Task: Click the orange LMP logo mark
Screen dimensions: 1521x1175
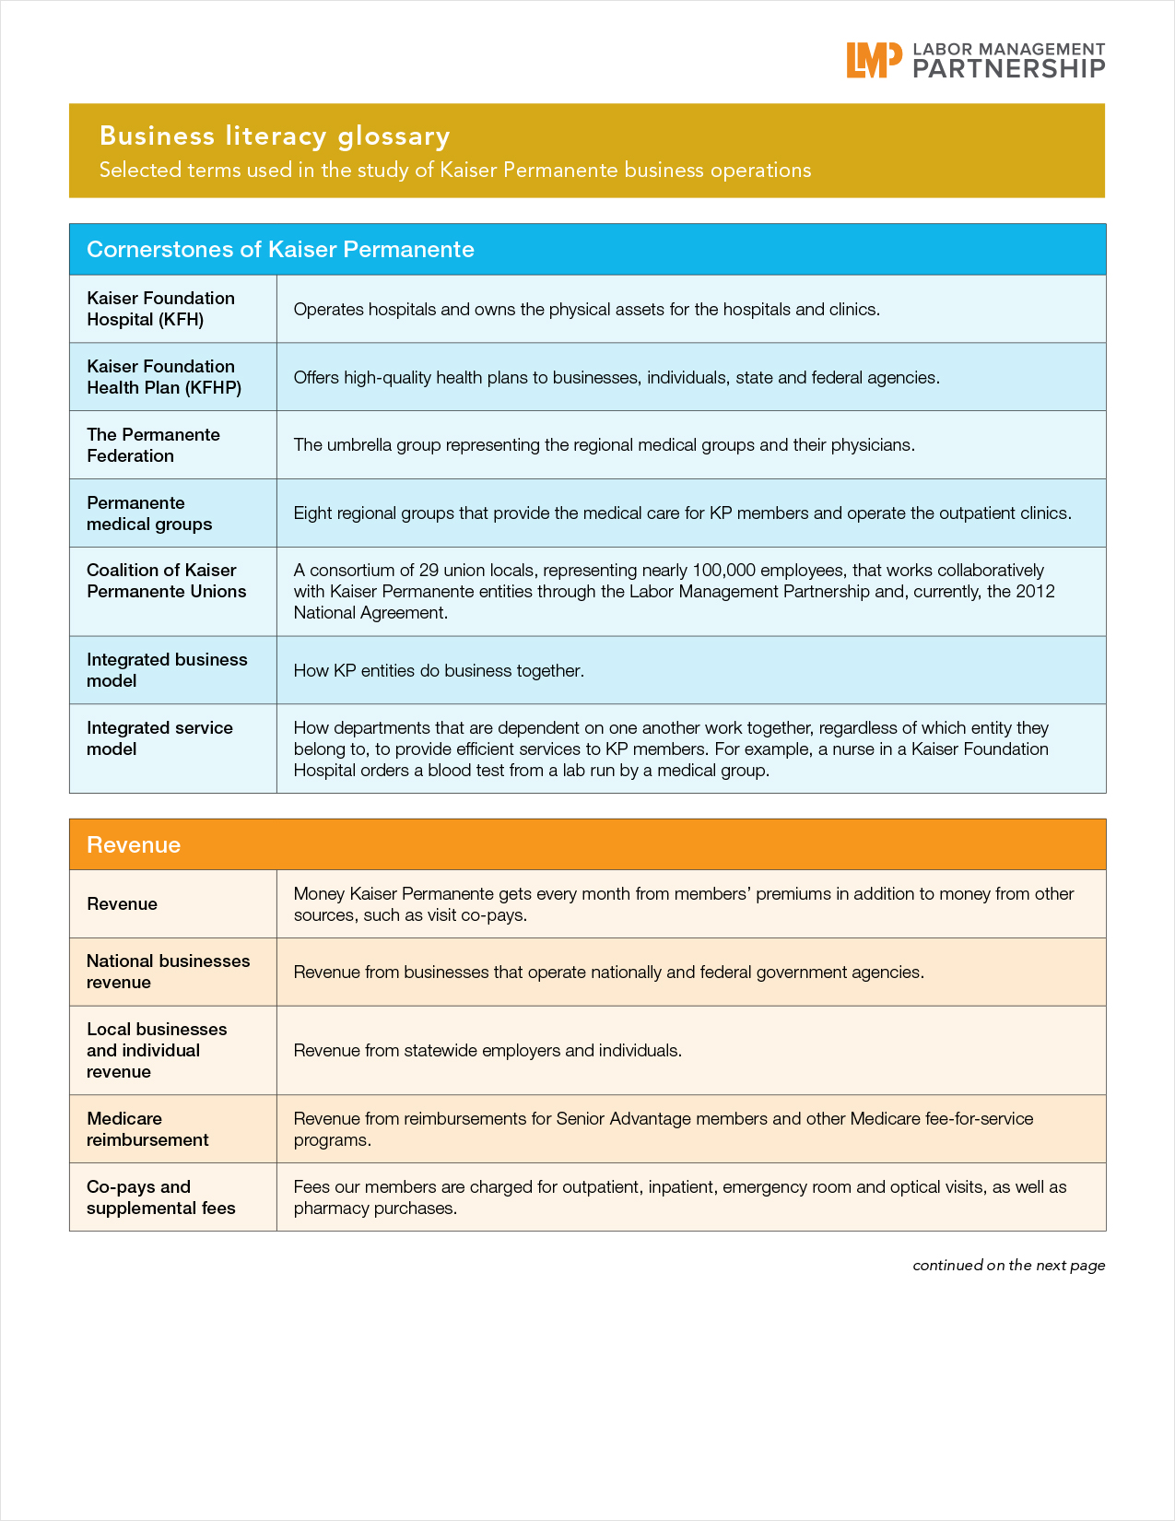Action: click(x=874, y=60)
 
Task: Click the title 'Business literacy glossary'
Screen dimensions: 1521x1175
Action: click(x=275, y=136)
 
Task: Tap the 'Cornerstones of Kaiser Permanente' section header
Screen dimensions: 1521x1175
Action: click(x=280, y=250)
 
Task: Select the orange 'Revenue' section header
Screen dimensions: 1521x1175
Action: click(x=134, y=845)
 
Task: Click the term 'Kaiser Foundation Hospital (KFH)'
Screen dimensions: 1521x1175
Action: click(x=160, y=309)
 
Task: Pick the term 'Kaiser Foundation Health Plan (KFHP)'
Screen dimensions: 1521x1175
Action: click(x=164, y=377)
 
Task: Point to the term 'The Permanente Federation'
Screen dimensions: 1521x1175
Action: click(x=153, y=445)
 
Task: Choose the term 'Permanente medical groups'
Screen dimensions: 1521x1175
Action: click(x=149, y=513)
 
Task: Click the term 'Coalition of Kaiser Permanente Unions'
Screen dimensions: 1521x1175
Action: click(x=166, y=581)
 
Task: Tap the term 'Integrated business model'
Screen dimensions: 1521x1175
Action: click(x=167, y=670)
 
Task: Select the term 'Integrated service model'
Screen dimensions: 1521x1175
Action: click(x=159, y=738)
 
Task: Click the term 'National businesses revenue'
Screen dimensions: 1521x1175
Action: click(x=168, y=972)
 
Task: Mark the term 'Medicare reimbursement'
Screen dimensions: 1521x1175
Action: click(x=147, y=1129)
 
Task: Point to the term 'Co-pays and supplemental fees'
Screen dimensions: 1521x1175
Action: click(x=160, y=1197)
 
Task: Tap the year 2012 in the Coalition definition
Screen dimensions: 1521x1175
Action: click(x=1035, y=592)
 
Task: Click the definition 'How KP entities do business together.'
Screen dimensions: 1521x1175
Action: click(x=439, y=671)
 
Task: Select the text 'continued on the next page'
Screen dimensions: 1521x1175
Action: click(x=1008, y=1266)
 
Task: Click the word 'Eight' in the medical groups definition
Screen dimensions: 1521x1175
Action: click(x=312, y=513)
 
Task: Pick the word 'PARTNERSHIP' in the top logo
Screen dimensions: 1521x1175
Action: click(x=1008, y=69)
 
